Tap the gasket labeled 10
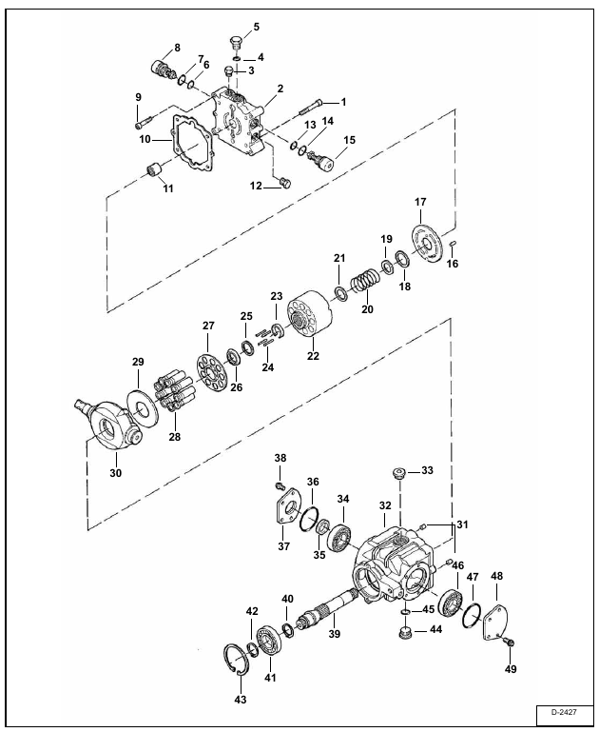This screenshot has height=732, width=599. (x=192, y=142)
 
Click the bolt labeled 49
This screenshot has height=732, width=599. (x=510, y=643)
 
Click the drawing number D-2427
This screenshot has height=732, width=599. (x=564, y=712)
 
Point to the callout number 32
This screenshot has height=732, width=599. (x=385, y=505)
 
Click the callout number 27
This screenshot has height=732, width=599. (x=208, y=326)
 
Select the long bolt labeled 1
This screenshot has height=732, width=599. (x=311, y=108)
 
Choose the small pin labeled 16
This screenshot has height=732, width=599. (x=453, y=244)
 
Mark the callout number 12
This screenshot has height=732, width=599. (x=256, y=186)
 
